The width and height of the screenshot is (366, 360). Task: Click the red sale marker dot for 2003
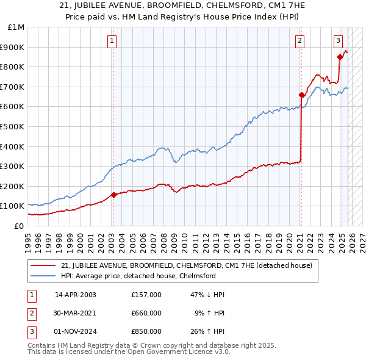[x=113, y=195]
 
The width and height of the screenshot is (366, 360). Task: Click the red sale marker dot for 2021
[x=301, y=95]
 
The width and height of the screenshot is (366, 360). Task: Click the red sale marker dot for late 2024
[x=339, y=57]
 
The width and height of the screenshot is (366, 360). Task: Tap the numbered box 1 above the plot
[x=113, y=41]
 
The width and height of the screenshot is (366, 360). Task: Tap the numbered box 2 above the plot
[x=301, y=41]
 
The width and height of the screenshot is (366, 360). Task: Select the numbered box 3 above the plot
[x=338, y=41]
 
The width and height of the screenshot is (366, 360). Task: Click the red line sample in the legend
[x=44, y=265]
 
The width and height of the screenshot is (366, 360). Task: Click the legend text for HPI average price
[x=138, y=276]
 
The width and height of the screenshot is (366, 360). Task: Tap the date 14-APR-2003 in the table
[x=76, y=295]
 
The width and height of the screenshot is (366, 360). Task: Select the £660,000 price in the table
[x=146, y=313]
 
